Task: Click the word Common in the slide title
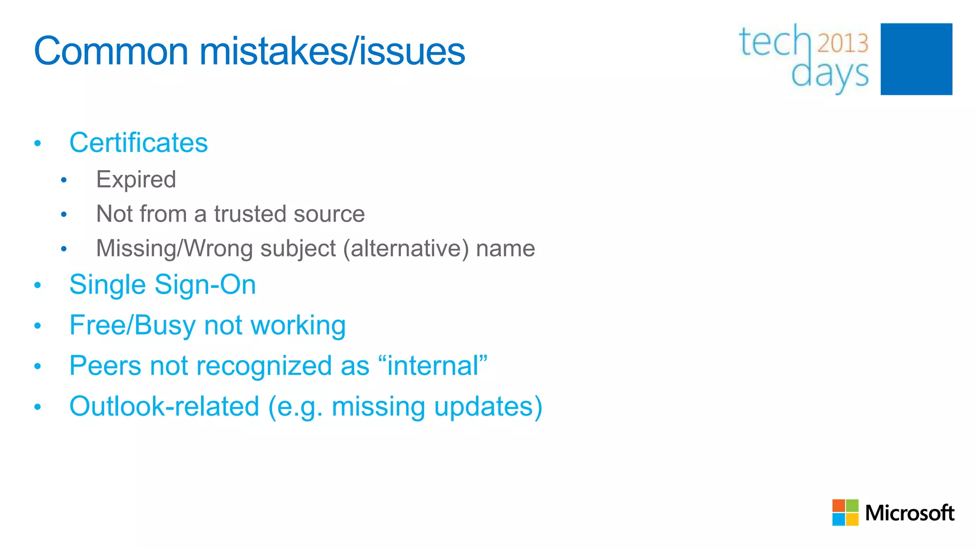coord(112,51)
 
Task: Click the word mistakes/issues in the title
coord(332,51)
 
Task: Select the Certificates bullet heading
coord(138,142)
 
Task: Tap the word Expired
coord(136,180)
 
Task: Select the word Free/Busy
coord(132,325)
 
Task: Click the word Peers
coord(105,366)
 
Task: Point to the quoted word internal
coord(433,366)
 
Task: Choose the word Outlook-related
coord(164,407)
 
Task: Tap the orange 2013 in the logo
coord(843,43)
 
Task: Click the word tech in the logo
coord(774,42)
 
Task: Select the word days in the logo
coord(830,74)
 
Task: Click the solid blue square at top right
coord(916,59)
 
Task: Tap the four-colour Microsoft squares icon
coord(845,512)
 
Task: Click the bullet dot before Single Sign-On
coord(38,285)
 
